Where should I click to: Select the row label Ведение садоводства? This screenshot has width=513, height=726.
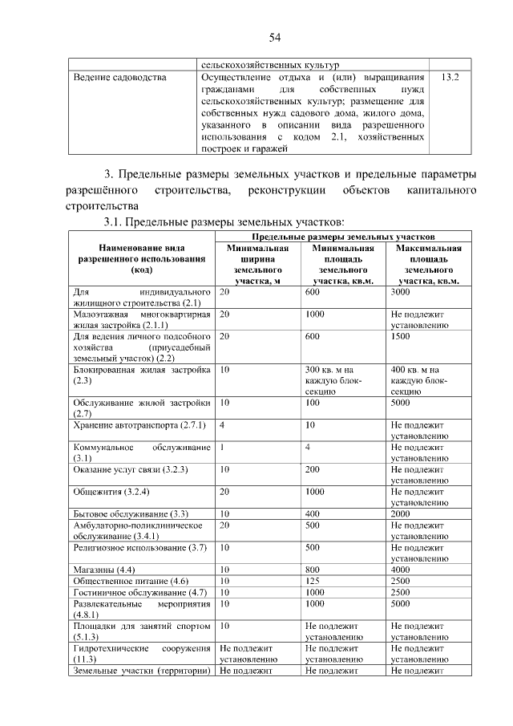point(120,78)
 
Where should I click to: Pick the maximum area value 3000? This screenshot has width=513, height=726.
point(402,293)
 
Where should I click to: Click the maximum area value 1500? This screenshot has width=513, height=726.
point(402,337)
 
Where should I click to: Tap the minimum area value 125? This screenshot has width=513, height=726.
point(313,580)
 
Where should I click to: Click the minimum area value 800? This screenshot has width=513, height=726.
point(313,569)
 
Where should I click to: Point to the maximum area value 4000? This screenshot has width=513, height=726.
point(402,569)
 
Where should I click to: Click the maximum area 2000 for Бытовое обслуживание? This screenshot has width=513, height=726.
point(402,513)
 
